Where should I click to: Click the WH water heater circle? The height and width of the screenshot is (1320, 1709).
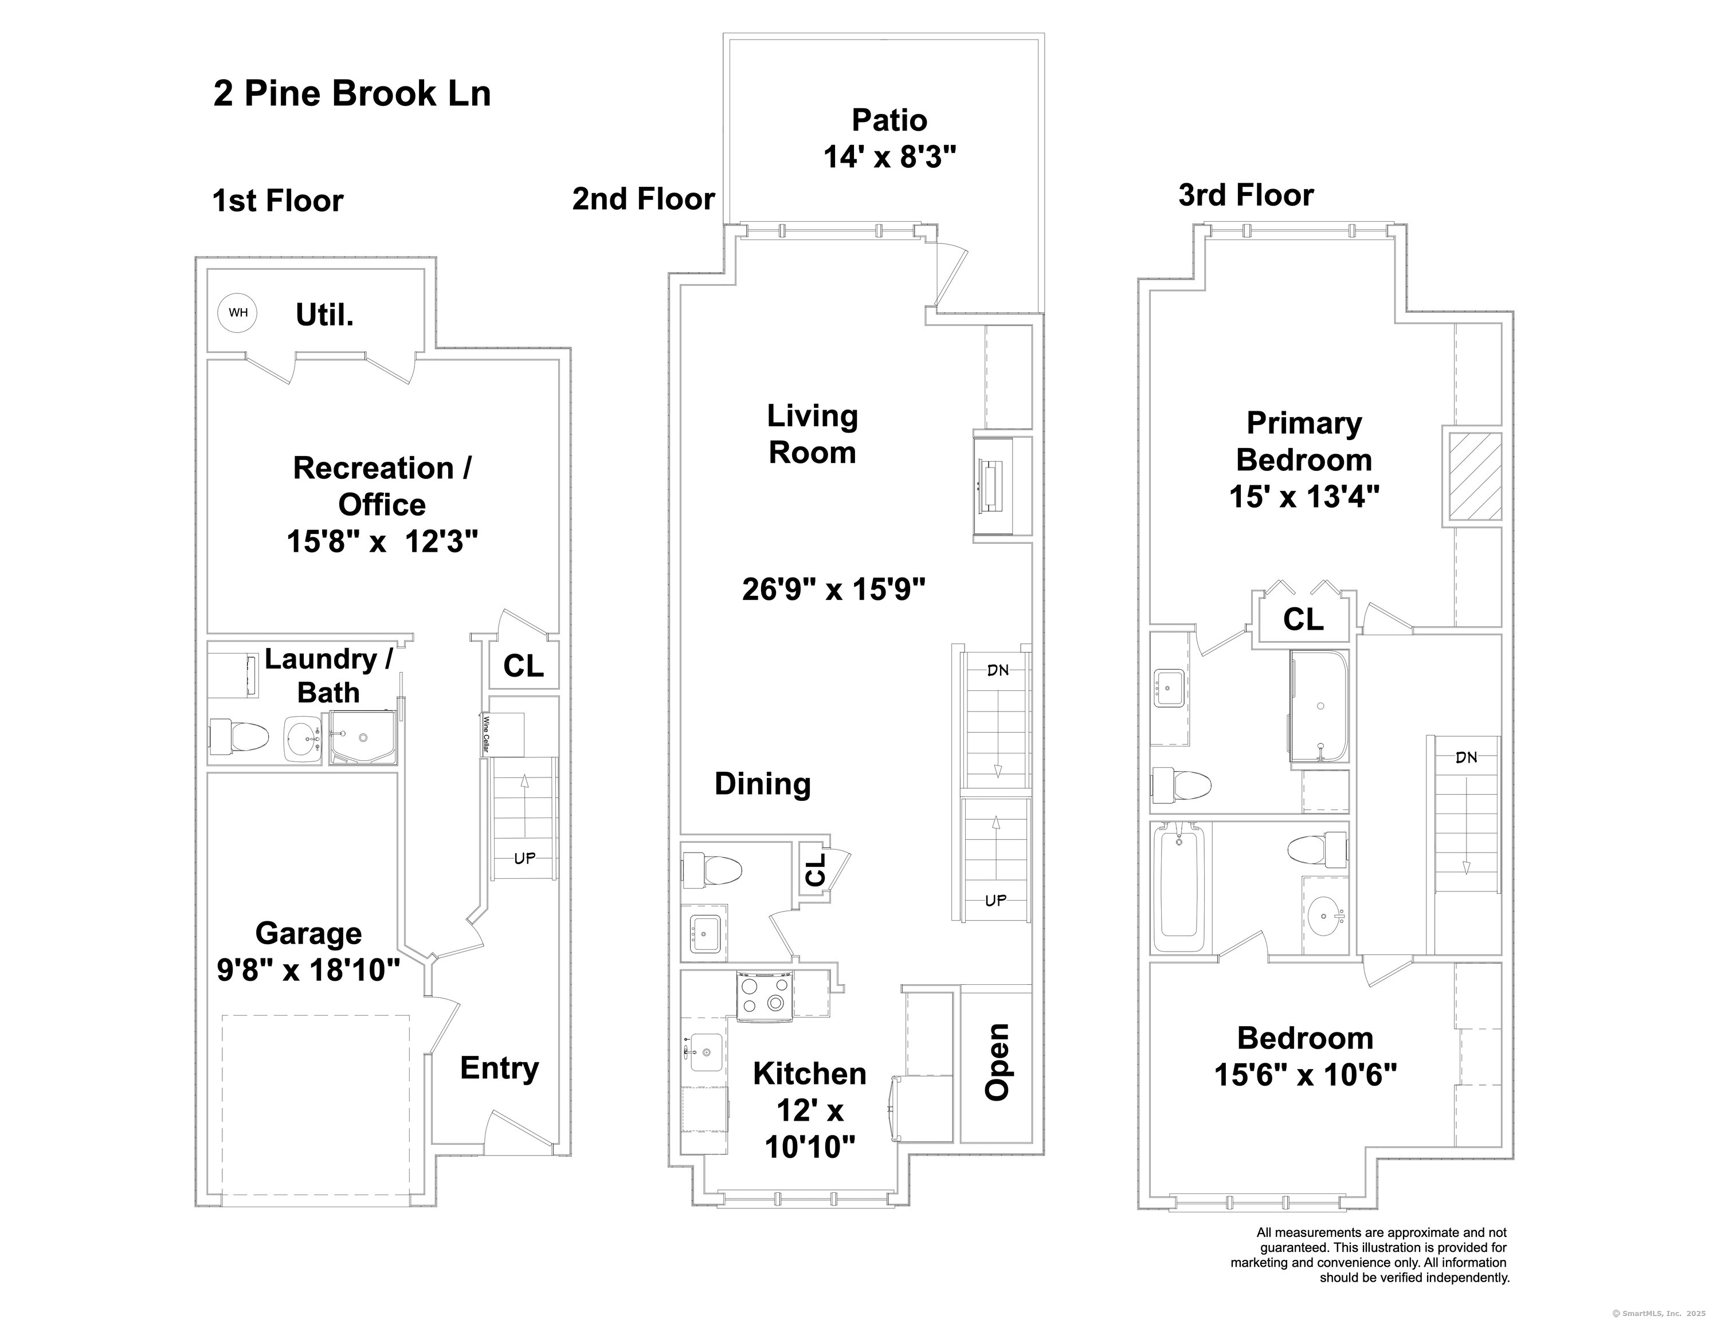click(237, 312)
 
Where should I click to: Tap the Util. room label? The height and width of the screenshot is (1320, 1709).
click(325, 315)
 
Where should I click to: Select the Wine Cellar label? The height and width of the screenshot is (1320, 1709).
click(486, 734)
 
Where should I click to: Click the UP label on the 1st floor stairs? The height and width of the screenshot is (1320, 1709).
click(524, 858)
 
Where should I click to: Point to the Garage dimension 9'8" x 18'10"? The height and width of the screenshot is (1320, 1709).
click(308, 971)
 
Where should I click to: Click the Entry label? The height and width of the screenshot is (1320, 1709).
click(499, 1068)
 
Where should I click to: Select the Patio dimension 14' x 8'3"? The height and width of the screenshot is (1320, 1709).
click(889, 158)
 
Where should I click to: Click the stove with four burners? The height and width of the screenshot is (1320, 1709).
click(765, 995)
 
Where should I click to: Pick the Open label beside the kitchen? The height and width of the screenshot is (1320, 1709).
click(996, 1062)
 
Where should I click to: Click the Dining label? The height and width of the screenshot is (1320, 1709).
click(763, 784)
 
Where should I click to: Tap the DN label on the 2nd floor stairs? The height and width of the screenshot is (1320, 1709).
click(998, 670)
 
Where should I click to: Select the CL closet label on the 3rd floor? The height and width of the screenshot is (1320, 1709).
click(1303, 620)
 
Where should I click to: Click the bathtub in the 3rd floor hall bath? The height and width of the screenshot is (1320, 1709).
click(1181, 888)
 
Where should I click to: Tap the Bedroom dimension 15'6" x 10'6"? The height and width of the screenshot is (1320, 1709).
click(1305, 1075)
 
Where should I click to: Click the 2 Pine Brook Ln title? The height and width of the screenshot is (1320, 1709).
click(352, 93)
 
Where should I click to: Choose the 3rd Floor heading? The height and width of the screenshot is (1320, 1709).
click(1246, 195)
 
